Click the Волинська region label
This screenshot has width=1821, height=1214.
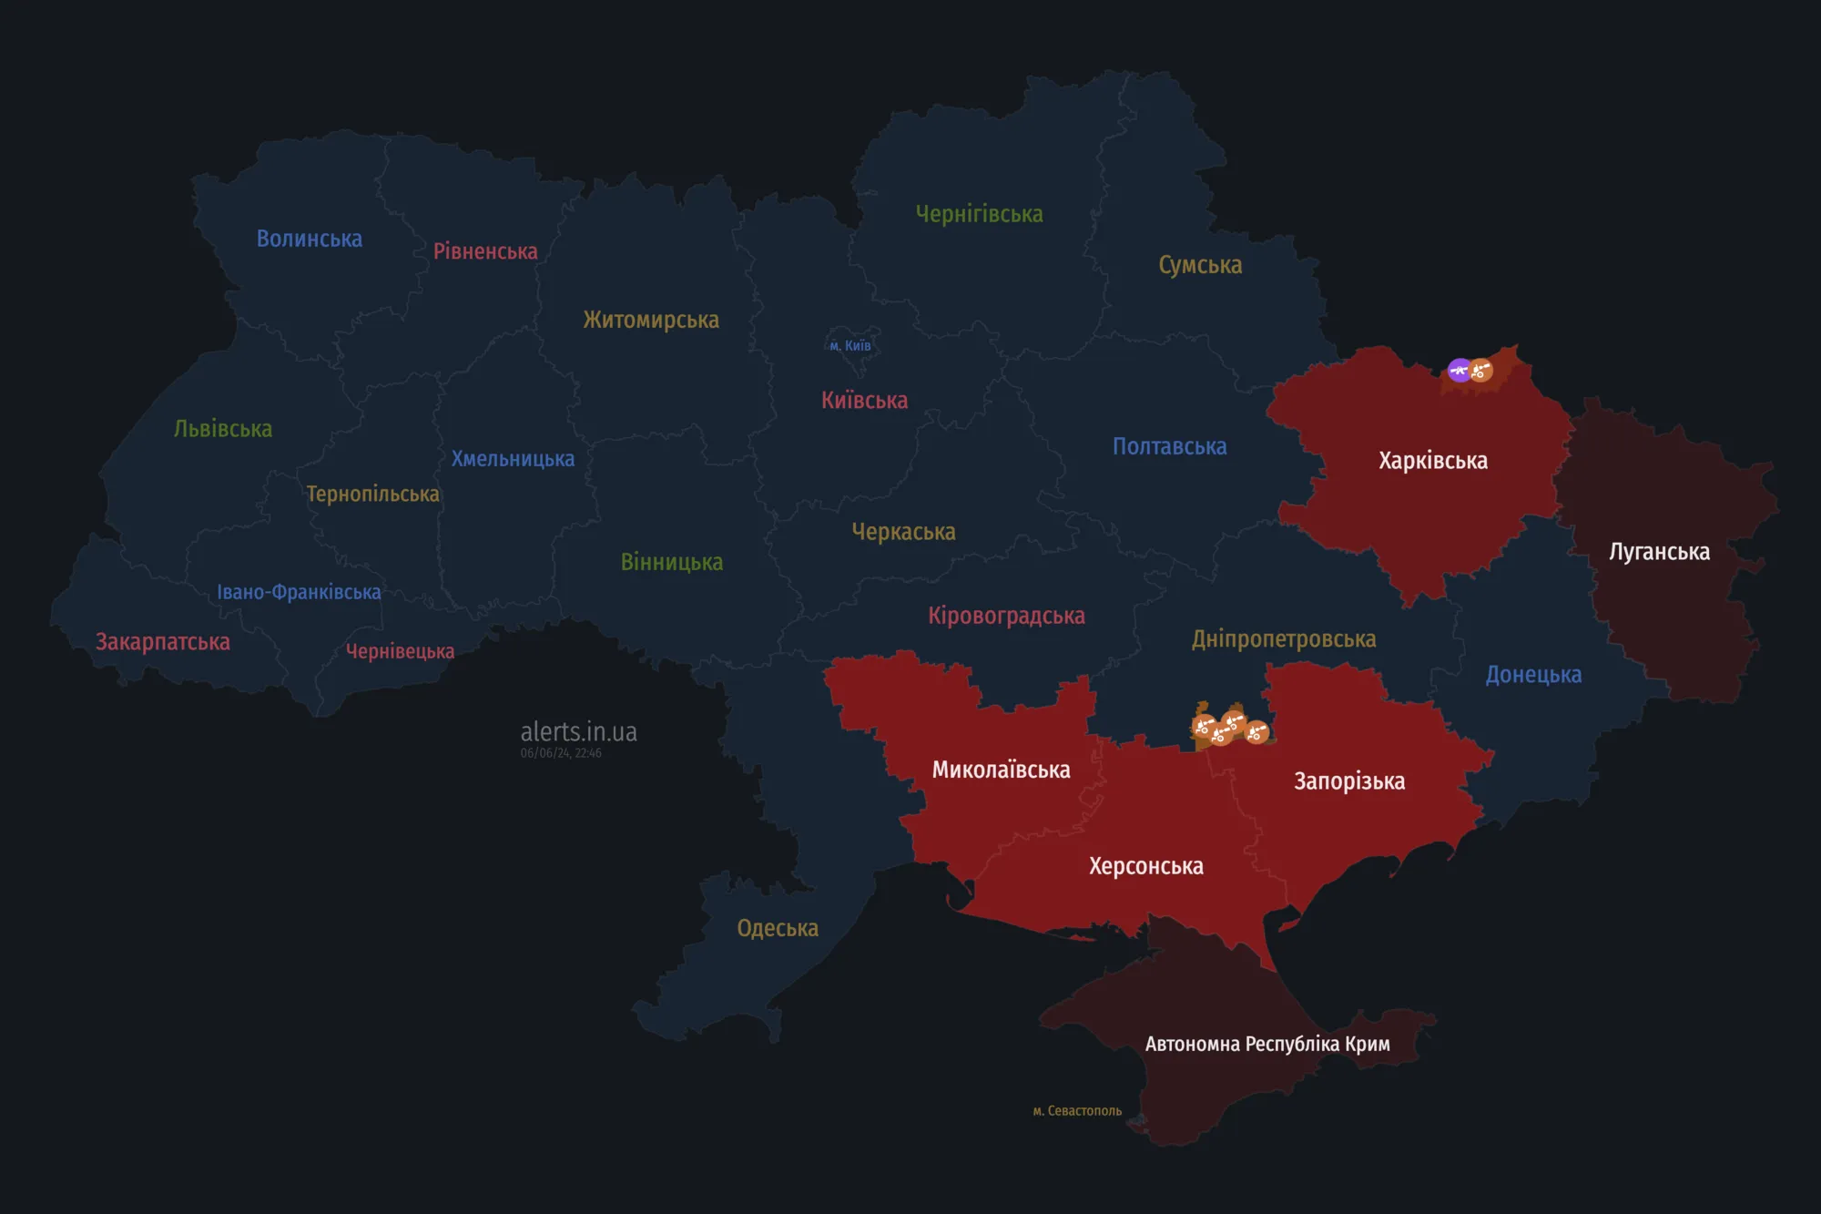coord(309,239)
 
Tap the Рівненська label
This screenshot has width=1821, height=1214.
coord(485,251)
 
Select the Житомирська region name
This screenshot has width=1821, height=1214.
coord(651,320)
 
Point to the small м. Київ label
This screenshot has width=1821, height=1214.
coord(850,346)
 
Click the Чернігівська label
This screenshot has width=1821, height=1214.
coord(979,214)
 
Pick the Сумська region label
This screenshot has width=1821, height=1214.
coord(1200,265)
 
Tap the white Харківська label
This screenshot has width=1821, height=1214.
coord(1432,461)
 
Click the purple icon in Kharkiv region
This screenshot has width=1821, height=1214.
coord(1460,370)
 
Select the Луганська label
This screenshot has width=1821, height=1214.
coord(1659,552)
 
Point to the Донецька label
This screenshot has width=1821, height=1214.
coord(1533,675)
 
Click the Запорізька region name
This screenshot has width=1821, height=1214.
coord(1349,781)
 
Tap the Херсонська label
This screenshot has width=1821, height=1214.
coord(1145,866)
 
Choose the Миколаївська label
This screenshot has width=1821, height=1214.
coord(1001,770)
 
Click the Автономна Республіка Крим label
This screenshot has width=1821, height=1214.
coord(1267,1044)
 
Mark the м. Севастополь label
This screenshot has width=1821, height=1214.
coord(1077,1111)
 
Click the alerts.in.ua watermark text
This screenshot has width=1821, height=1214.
coord(578,731)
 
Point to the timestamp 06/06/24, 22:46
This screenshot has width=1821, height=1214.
coord(561,753)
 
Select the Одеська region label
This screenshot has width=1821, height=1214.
coord(777,928)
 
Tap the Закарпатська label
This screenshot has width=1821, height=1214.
coord(163,642)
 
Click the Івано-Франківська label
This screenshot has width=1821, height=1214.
coord(299,592)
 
